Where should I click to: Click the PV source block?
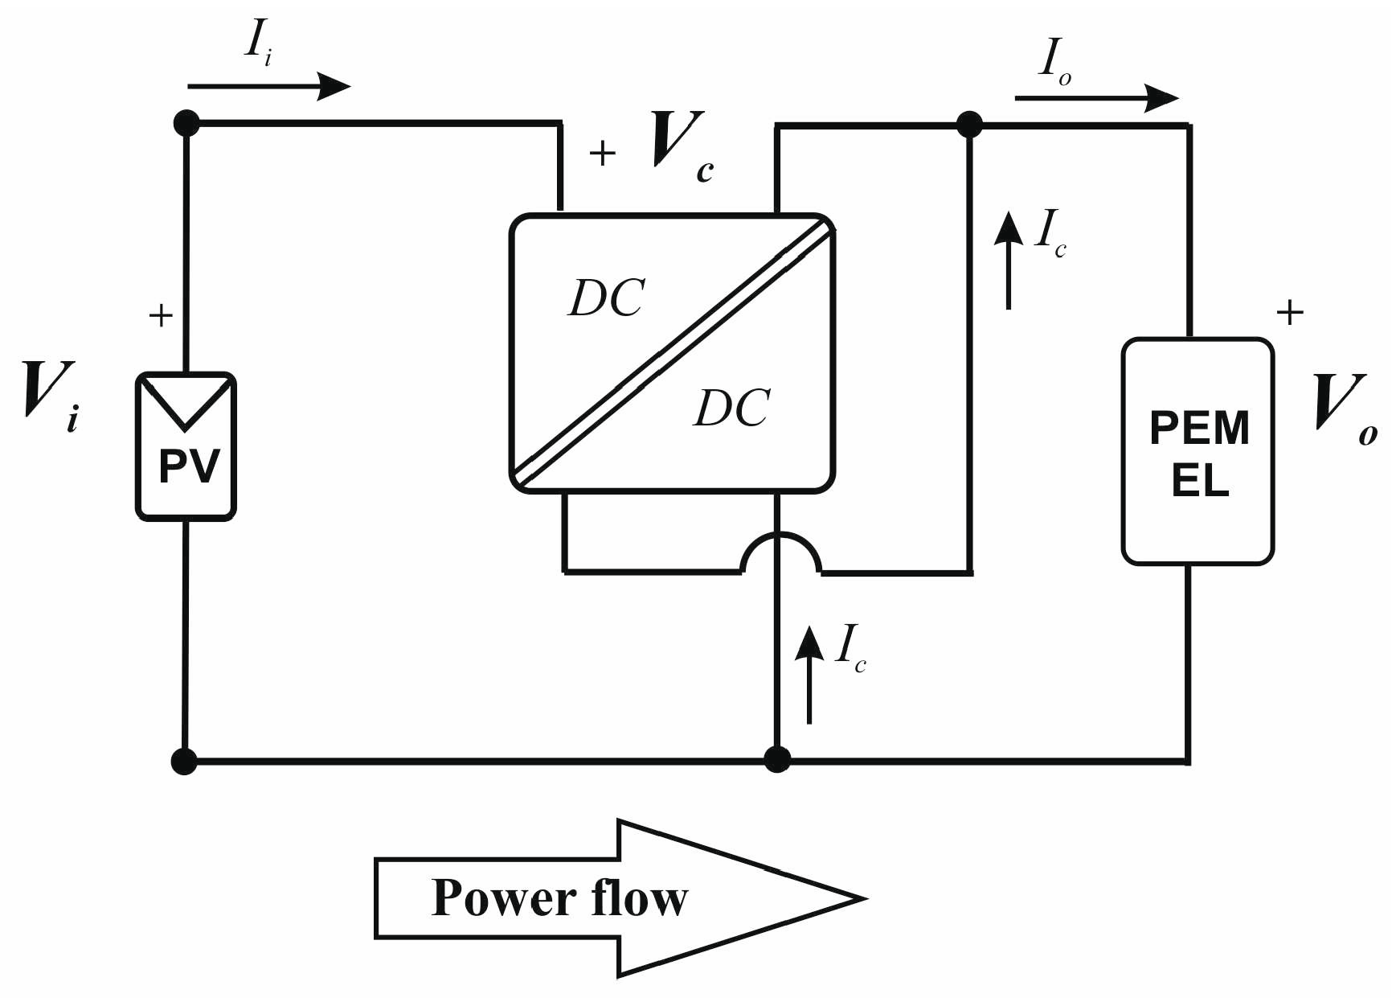coord(186,447)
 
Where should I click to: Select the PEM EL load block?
coord(1198,451)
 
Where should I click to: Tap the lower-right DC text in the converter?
coord(731,408)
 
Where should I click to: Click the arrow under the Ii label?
coord(268,85)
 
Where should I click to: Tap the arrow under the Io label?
coord(1096,98)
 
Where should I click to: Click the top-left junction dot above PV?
coord(186,123)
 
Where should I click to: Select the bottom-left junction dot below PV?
coord(185,760)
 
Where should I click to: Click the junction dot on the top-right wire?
coord(970,125)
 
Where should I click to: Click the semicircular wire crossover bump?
coord(780,551)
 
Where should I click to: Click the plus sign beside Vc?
coord(603,153)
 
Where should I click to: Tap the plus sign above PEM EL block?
coord(1289,312)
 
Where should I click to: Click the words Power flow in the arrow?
coord(559,898)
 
